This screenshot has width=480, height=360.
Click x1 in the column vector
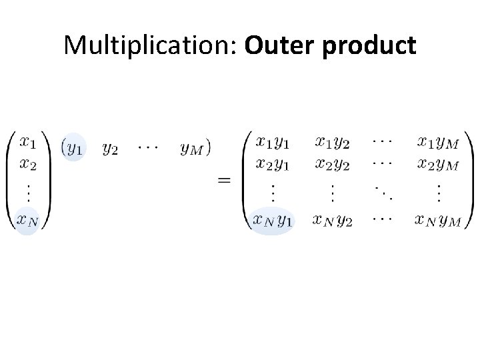[28, 142]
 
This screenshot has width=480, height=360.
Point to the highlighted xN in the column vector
[29, 219]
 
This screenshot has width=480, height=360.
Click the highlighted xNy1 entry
[273, 220]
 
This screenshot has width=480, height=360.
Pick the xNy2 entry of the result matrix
[332, 220]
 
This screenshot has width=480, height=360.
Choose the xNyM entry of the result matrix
[437, 220]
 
